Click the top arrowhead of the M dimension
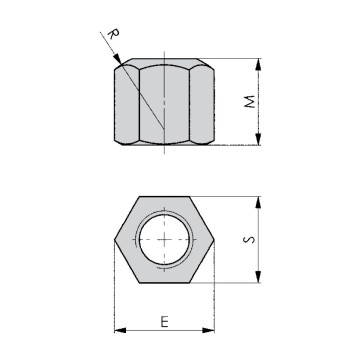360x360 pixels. tap(259, 61)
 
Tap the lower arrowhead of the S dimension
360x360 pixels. tap(259, 281)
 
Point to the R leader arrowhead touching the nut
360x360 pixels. tap(120, 63)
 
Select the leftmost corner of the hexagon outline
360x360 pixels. tap(116, 241)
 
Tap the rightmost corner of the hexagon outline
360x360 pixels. tap(212, 241)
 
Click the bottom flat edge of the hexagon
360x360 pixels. tap(164, 283)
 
